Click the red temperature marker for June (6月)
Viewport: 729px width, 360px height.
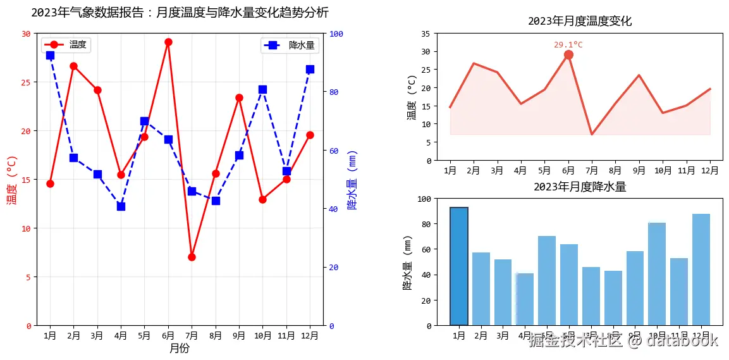click(x=168, y=42)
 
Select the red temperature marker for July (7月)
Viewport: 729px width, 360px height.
click(x=192, y=257)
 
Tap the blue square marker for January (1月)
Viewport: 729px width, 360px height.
click(x=50, y=56)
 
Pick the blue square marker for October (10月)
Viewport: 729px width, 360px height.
click(x=262, y=89)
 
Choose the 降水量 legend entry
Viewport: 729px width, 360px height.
click(x=290, y=45)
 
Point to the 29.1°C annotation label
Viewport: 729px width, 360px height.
click(x=568, y=45)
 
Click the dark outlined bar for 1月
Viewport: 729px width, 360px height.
click(x=459, y=266)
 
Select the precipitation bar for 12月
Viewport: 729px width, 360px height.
click(x=701, y=270)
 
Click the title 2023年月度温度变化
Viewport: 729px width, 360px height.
click(x=579, y=21)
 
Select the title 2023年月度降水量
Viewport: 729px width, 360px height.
click(x=579, y=187)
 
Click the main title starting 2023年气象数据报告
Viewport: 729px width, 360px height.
click(x=180, y=13)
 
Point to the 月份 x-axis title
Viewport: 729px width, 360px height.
click(x=180, y=348)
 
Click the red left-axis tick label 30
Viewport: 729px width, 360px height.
click(x=25, y=34)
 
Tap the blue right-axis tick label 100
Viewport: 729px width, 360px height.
click(x=336, y=34)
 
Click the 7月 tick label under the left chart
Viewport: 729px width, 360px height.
click(x=192, y=335)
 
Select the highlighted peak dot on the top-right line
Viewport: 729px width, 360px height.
click(x=568, y=54)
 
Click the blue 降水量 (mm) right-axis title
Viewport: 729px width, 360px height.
click(x=352, y=180)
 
